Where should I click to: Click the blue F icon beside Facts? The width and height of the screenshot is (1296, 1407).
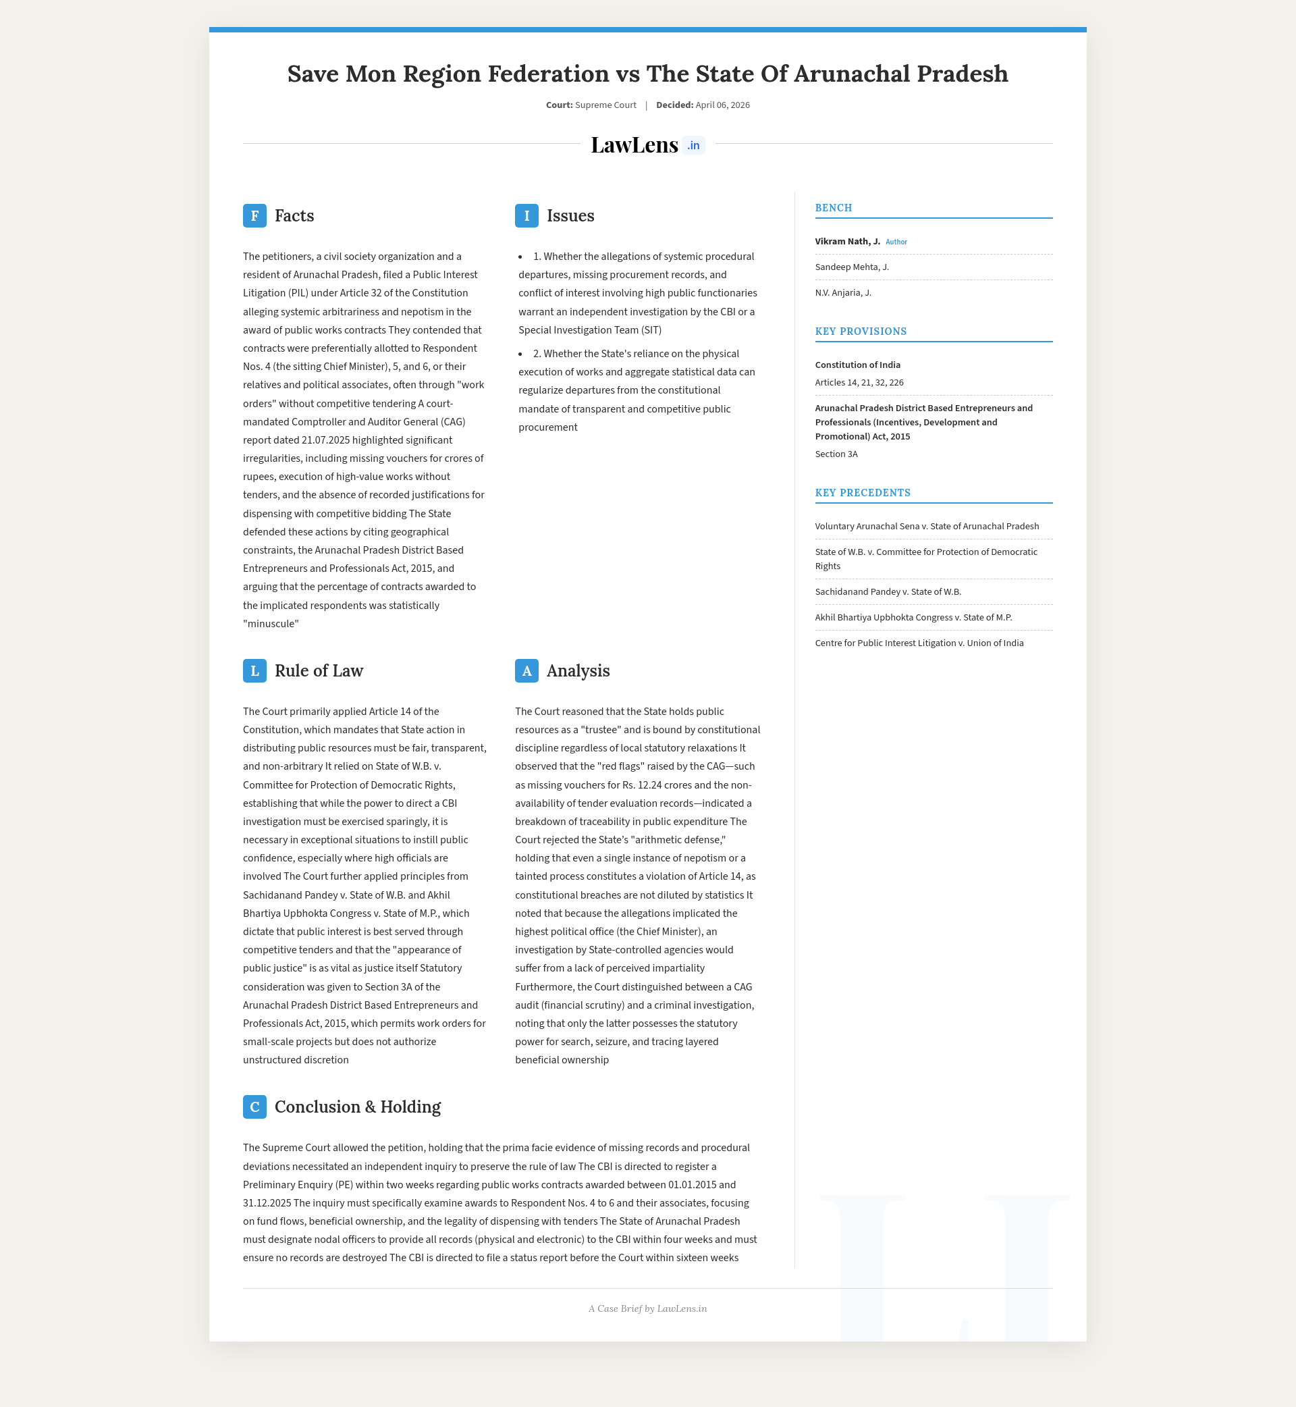[254, 215]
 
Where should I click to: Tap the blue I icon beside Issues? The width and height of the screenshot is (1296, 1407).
[526, 215]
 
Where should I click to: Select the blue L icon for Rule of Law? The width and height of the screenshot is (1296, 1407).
[254, 670]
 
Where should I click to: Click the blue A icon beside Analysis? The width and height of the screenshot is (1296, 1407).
[526, 670]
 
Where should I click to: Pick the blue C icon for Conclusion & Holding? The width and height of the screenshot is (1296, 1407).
[254, 1107]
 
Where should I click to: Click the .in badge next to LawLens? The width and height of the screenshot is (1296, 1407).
[693, 145]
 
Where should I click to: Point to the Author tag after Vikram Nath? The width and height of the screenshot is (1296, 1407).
[896, 242]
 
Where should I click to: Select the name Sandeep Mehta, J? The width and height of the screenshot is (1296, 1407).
[851, 267]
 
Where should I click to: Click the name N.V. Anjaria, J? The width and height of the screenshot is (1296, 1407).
[843, 292]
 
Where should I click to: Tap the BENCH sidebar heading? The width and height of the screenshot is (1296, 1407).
[833, 208]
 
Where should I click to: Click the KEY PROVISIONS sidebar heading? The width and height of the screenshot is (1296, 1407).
[861, 331]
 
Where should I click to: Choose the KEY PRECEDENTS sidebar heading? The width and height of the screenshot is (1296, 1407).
[863, 492]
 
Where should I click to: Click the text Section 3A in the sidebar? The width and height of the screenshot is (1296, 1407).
[836, 454]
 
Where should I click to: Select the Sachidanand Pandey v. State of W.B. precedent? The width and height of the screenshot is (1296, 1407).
[888, 591]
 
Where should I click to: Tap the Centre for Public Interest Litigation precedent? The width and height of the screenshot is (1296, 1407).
[919, 643]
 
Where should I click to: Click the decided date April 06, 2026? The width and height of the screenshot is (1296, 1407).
[722, 105]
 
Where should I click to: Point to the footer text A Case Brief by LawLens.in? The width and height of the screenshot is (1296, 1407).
[647, 1308]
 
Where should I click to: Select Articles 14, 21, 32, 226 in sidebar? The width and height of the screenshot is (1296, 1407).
[859, 382]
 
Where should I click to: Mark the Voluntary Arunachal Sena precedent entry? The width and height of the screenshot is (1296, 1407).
[926, 526]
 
